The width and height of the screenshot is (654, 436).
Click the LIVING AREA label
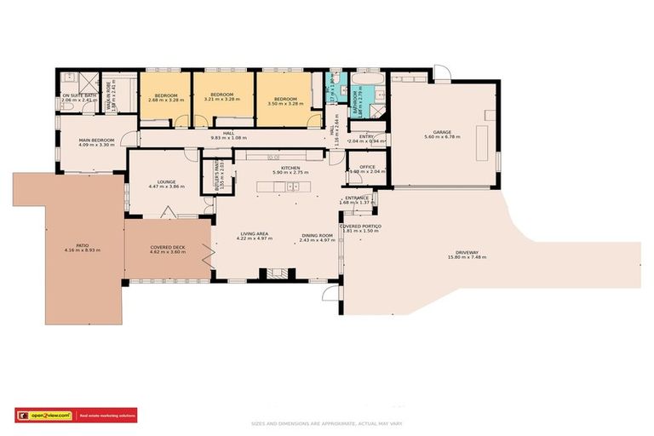(x=255, y=235)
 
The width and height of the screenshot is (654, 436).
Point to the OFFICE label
(x=367, y=168)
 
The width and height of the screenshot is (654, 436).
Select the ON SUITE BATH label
(x=78, y=95)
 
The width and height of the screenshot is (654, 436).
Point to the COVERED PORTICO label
(x=360, y=226)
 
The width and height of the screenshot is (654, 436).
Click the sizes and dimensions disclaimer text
(x=327, y=422)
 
